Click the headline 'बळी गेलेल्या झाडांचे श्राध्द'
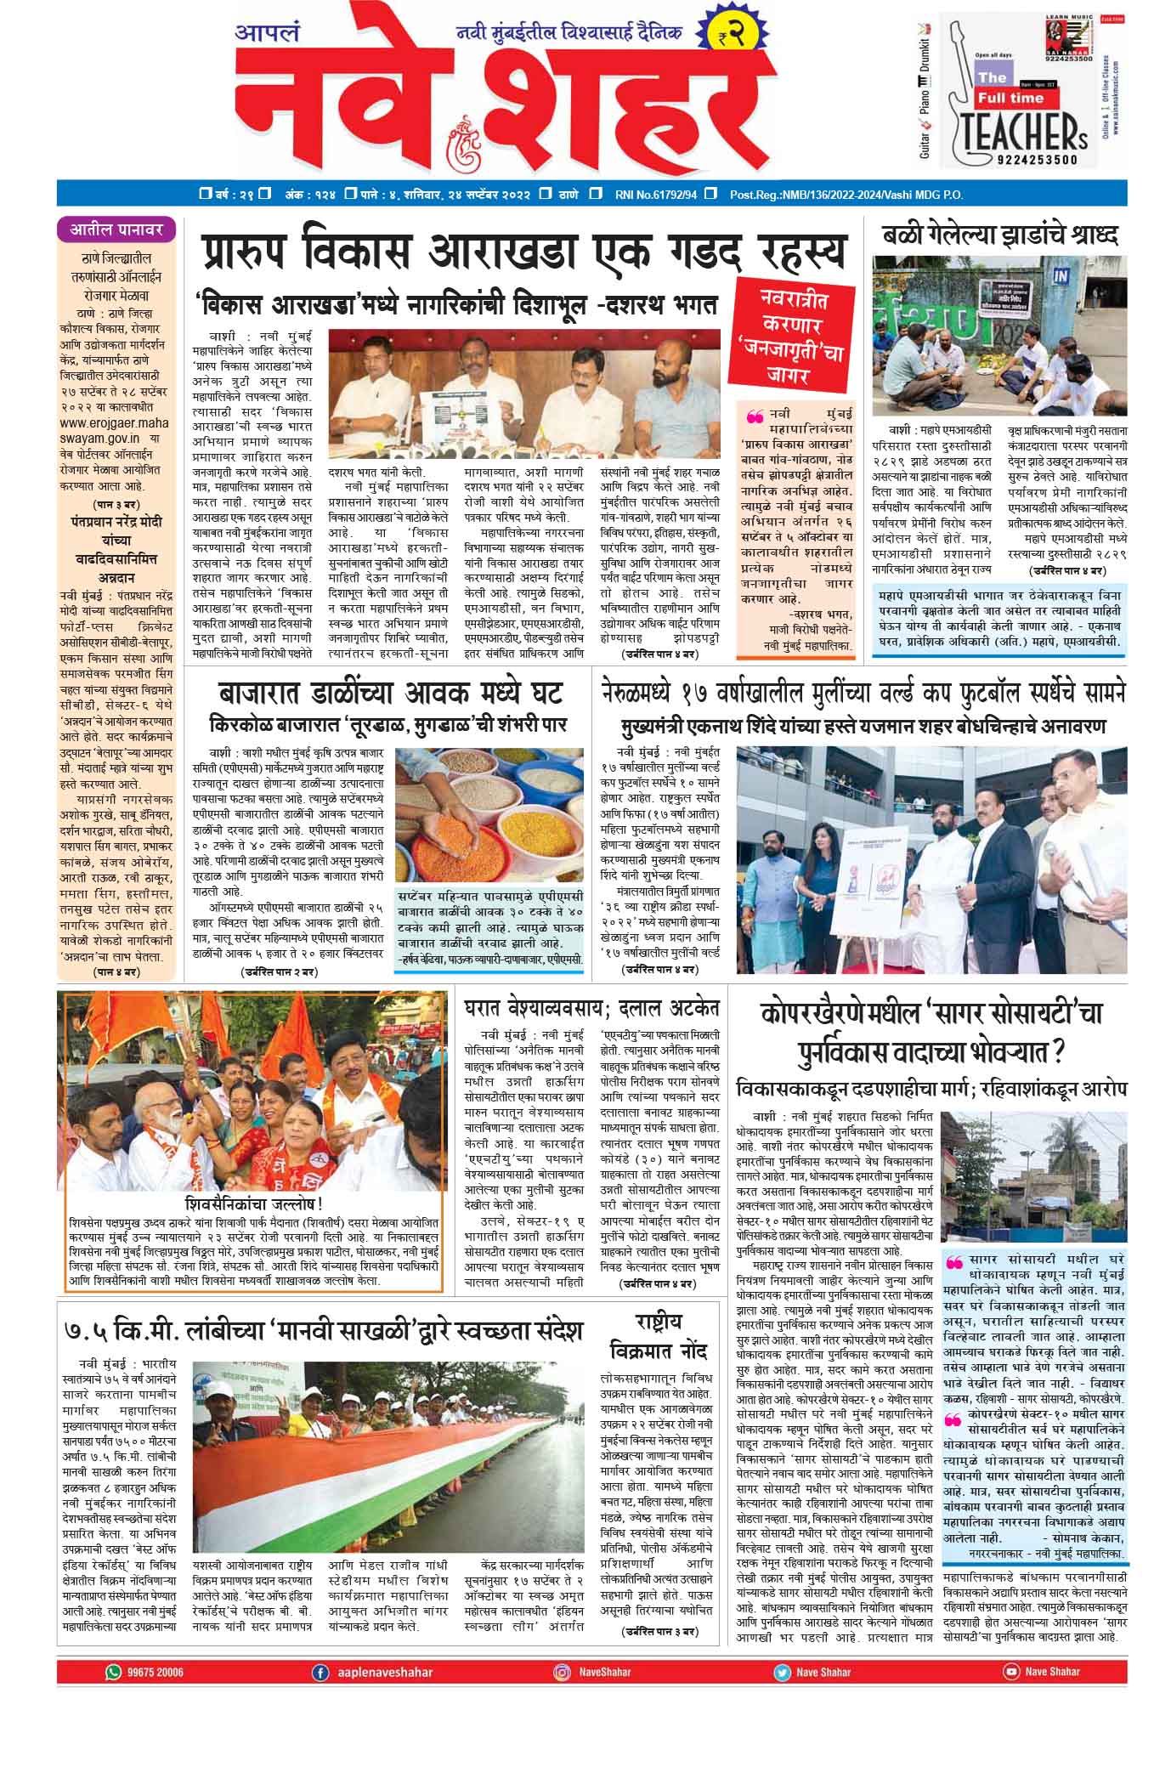999,235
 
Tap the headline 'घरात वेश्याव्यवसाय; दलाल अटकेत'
591,1008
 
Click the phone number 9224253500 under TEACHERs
1032,158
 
